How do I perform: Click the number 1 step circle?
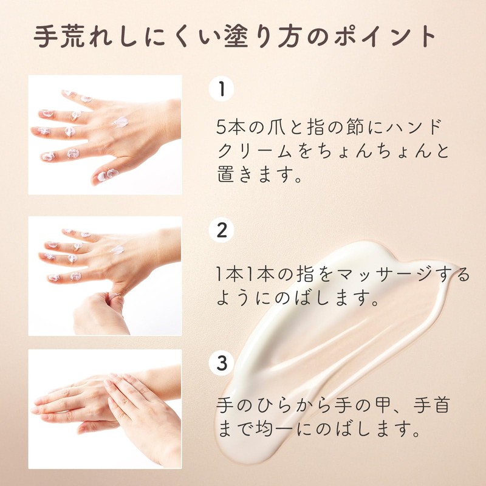point(222,90)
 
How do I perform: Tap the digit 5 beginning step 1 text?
point(222,128)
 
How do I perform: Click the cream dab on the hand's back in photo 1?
point(120,122)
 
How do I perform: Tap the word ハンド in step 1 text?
point(413,128)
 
